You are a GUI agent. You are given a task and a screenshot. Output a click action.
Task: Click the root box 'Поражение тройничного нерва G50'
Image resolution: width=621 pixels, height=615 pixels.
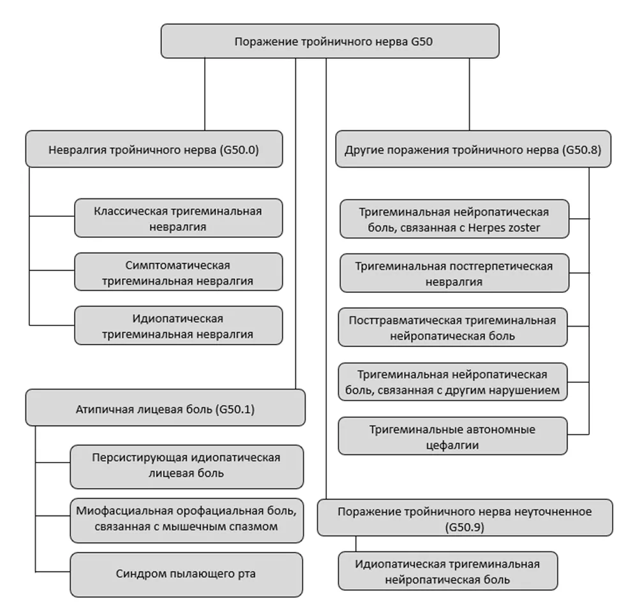(330, 41)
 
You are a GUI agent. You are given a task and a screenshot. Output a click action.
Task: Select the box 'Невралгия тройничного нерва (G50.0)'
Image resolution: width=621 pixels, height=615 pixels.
(154, 149)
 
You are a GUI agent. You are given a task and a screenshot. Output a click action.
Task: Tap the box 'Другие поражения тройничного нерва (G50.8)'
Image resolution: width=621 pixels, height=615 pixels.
(474, 149)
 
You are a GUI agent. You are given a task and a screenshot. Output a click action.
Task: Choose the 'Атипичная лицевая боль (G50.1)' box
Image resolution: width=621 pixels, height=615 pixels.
(165, 408)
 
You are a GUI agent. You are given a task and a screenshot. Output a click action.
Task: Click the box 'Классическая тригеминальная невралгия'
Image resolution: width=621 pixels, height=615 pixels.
(178, 218)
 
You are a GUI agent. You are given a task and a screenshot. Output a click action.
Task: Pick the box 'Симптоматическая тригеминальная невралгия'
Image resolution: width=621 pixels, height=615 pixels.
(178, 272)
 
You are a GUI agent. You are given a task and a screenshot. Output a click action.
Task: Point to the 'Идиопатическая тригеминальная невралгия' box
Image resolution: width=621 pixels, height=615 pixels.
(178, 325)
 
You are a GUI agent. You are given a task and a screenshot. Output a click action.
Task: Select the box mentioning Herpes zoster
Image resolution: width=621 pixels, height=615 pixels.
(454, 219)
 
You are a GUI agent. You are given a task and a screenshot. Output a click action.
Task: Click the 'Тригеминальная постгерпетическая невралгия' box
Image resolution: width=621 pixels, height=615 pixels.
(454, 273)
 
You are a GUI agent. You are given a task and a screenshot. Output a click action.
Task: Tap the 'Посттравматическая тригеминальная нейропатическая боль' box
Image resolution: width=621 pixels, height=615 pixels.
(453, 327)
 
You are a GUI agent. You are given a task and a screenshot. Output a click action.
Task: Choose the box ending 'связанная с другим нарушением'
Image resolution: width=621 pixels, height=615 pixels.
(453, 382)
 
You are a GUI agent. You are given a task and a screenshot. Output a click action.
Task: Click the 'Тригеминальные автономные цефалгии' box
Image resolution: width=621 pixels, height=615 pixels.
(453, 436)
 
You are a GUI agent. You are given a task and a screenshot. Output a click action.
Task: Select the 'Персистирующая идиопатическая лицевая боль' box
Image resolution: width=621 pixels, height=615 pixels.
(186, 467)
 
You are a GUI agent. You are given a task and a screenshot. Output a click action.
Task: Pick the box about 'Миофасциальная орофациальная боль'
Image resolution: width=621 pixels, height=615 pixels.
(186, 521)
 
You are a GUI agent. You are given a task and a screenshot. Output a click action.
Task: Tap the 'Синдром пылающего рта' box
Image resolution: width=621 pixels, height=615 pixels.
(186, 575)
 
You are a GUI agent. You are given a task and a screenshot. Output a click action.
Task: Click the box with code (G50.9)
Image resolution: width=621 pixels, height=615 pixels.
(465, 518)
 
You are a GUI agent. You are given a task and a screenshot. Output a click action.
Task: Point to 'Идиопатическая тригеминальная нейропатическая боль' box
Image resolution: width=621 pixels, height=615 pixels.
(448, 571)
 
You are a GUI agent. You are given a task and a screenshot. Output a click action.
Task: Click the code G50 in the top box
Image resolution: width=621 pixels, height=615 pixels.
(422, 41)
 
